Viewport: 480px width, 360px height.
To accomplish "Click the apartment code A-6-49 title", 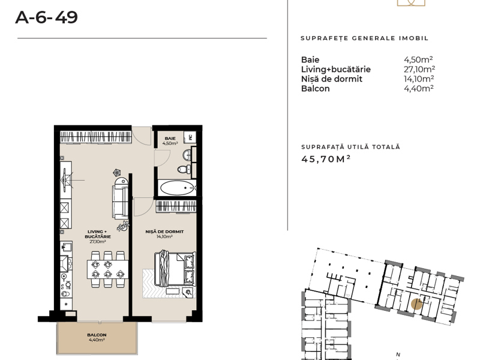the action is (47, 17).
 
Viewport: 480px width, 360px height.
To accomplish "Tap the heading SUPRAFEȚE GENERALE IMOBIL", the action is (364, 38).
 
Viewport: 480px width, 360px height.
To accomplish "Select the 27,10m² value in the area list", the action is (419, 69).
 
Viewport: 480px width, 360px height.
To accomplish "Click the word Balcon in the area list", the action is (316, 88).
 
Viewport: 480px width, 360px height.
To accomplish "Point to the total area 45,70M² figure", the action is (326, 159).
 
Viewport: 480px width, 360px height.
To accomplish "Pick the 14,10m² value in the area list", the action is (419, 79).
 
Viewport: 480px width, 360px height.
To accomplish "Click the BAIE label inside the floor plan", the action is (170, 139).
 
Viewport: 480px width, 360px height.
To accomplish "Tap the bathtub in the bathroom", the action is (178, 188).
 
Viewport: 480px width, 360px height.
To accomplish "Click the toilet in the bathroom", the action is (183, 169).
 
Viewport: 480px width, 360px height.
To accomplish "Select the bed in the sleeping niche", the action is (175, 269).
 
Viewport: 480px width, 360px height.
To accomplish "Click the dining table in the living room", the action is (107, 269).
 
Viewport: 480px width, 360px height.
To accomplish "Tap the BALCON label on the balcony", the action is (97, 335).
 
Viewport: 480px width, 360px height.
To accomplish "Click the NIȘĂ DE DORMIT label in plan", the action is (164, 232).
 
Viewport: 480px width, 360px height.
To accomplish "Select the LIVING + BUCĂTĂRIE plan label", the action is (98, 234).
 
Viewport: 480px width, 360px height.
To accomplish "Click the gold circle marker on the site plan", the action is (416, 304).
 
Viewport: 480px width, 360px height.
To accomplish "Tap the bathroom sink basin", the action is (187, 155).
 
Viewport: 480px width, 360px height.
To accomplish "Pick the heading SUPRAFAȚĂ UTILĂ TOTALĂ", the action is (350, 147).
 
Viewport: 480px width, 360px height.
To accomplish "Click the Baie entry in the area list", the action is (310, 59).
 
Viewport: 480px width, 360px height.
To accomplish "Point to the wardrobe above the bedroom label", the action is (176, 206).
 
